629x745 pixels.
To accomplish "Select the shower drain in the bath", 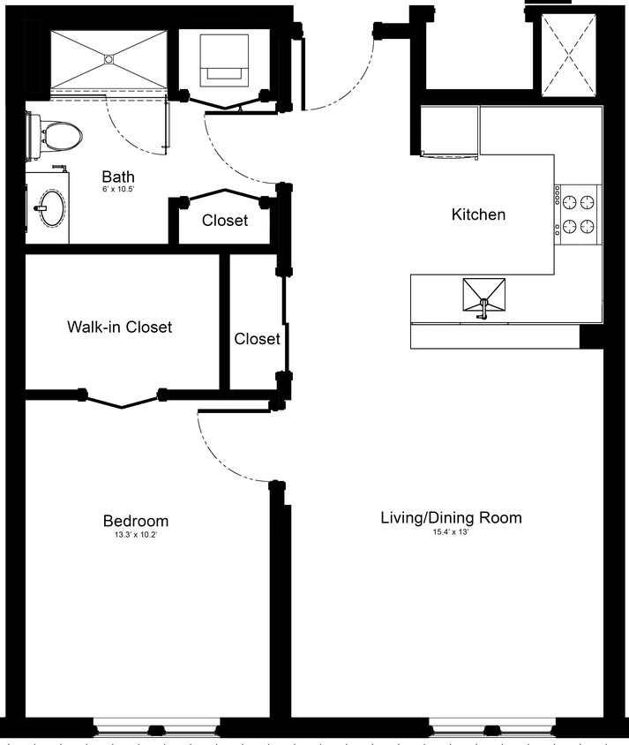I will click(x=109, y=59).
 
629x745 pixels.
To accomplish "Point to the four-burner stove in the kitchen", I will click(x=578, y=214).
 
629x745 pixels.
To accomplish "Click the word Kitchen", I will click(x=478, y=214).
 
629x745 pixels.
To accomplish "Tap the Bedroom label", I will click(x=135, y=521).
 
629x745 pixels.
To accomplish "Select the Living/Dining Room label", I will click(x=451, y=517).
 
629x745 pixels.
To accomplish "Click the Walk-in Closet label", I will click(x=119, y=327).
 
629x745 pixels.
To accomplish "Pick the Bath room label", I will click(x=117, y=177).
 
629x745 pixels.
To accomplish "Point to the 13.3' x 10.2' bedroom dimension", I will click(x=135, y=535).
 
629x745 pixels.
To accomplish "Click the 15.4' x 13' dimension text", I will click(x=451, y=531).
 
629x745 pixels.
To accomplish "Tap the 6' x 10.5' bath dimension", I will click(x=117, y=190).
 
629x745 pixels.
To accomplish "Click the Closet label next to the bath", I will click(x=225, y=221).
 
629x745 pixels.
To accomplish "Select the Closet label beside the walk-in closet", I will click(x=257, y=338).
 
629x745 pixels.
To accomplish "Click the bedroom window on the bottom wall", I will click(x=156, y=729).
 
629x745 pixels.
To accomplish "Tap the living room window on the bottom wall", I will click(x=492, y=729).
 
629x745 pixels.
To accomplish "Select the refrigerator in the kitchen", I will click(x=450, y=131).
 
